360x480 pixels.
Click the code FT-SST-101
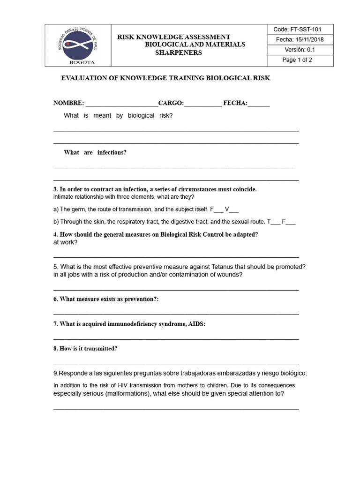302,29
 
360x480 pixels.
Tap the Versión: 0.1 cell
302,50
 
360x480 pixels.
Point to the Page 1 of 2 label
297,60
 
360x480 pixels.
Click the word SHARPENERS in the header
179,52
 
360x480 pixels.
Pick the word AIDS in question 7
196,324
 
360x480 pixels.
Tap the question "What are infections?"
95,153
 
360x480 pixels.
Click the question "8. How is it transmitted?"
85,349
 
